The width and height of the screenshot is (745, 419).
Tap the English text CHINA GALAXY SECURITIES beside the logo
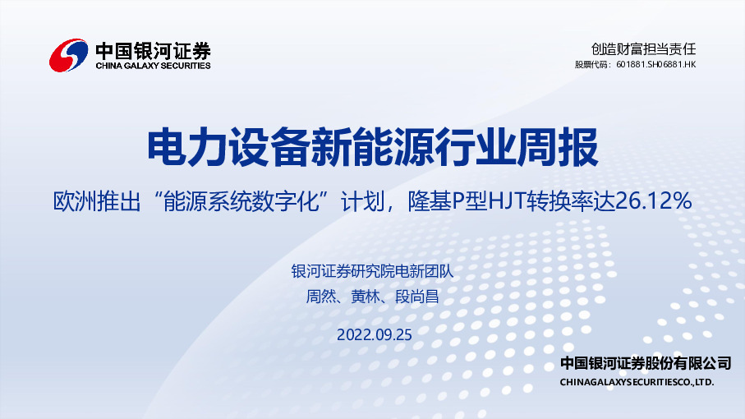(153, 66)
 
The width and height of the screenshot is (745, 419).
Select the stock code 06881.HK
(674, 64)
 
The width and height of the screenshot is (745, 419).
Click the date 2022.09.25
(373, 334)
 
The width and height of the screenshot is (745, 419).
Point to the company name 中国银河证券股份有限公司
(645, 363)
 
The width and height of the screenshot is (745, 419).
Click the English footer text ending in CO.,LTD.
(637, 383)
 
